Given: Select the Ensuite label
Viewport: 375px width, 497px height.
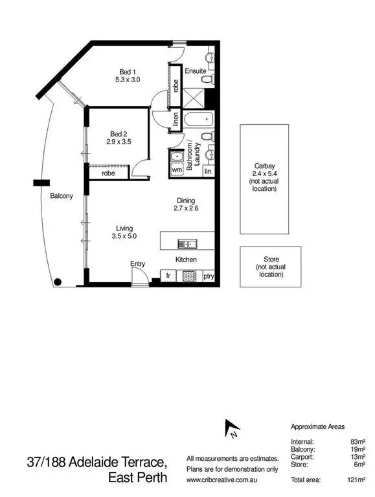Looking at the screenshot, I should (195, 71).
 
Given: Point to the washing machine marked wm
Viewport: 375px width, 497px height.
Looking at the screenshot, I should (177, 170).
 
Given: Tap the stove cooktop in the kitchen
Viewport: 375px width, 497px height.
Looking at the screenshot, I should (190, 276).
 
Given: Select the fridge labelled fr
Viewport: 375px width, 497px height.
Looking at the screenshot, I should (167, 276).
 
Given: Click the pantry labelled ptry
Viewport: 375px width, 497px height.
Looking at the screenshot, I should (209, 276).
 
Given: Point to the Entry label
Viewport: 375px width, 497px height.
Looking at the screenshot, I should (137, 263).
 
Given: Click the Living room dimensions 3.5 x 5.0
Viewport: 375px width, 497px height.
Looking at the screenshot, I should (124, 237).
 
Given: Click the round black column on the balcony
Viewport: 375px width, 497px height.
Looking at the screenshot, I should (58, 282).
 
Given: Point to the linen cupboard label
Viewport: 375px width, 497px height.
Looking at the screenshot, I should (176, 120).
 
